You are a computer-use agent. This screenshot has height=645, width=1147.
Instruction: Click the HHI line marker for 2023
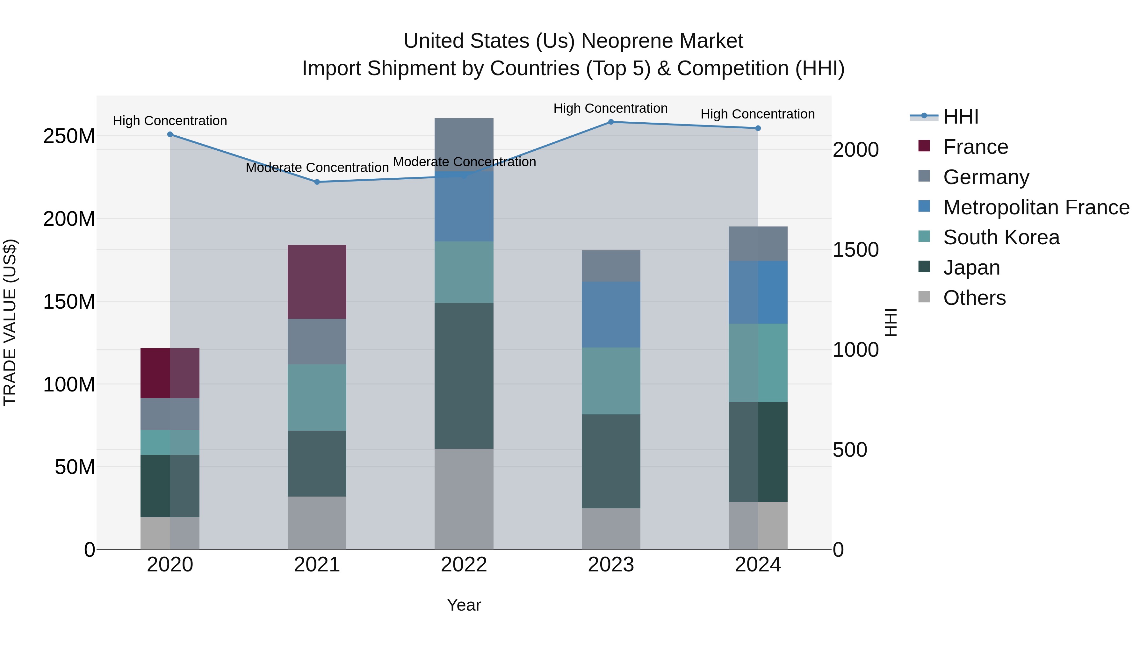point(611,122)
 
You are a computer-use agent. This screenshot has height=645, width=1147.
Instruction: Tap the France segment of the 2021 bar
point(317,282)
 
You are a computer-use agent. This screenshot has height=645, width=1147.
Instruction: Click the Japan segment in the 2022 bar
point(464,376)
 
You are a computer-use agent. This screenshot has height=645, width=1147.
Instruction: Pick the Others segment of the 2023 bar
point(611,529)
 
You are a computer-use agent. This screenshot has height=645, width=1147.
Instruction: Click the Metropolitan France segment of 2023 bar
point(611,314)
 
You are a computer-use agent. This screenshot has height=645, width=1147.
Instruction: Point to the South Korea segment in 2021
point(317,398)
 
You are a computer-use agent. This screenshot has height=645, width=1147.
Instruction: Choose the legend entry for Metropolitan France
point(1036,207)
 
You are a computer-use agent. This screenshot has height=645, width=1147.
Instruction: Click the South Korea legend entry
point(1001,237)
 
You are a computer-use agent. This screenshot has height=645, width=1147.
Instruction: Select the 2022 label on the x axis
point(464,565)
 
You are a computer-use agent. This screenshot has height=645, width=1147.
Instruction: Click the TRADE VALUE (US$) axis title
point(10,322)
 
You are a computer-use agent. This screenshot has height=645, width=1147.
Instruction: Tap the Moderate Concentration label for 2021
point(317,168)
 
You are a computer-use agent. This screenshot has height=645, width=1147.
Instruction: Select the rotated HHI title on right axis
point(891,322)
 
